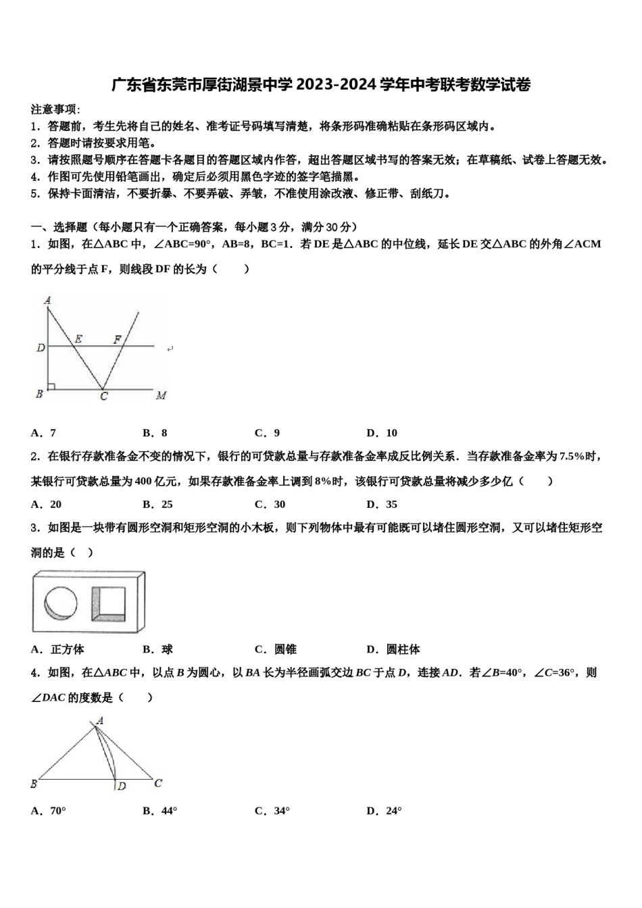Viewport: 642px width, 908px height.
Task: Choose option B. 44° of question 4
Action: click(x=159, y=811)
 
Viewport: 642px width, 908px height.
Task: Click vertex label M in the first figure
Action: click(x=161, y=395)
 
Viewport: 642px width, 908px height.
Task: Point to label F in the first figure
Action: click(x=118, y=339)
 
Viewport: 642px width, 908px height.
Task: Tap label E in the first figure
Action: click(x=78, y=339)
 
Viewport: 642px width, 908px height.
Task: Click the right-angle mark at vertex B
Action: click(x=51, y=386)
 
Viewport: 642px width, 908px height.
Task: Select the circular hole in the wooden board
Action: click(x=61, y=602)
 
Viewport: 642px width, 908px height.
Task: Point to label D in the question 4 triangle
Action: click(x=122, y=786)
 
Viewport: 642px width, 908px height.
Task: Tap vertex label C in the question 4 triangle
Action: click(x=158, y=783)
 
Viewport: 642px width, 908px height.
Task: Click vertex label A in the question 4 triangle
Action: click(x=99, y=721)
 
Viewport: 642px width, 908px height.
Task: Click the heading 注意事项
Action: click(x=55, y=109)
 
